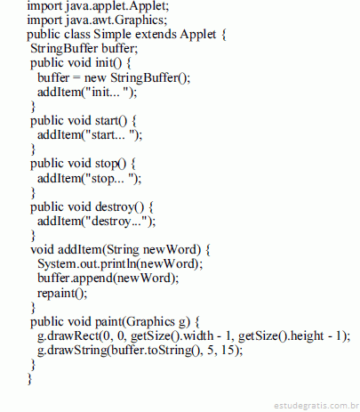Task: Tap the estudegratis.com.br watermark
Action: click(x=316, y=406)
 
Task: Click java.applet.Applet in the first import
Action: click(x=117, y=6)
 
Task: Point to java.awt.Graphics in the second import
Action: click(x=116, y=20)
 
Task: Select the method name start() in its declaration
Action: click(x=111, y=121)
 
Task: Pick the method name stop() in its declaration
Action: click(x=111, y=164)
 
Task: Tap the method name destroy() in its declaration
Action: click(x=119, y=207)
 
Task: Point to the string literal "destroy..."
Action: click(x=116, y=222)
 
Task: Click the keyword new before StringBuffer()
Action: click(x=95, y=78)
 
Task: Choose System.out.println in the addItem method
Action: click(x=87, y=263)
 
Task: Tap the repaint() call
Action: click(x=62, y=293)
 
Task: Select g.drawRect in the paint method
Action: click(x=68, y=335)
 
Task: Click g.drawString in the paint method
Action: click(x=72, y=351)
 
